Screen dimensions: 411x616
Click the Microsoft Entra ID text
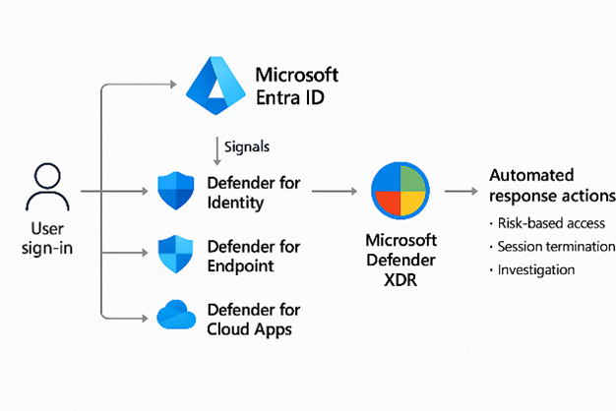point(296,87)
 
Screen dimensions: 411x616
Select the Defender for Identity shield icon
point(177,192)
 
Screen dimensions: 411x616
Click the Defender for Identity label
point(253,193)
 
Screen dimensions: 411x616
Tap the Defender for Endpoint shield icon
point(177,255)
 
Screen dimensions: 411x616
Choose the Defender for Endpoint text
point(253,256)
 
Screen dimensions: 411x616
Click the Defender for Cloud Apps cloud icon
point(177,318)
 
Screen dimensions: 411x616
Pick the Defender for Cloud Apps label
point(253,319)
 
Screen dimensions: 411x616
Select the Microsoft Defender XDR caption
point(400,259)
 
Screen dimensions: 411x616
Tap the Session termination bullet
point(555,246)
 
